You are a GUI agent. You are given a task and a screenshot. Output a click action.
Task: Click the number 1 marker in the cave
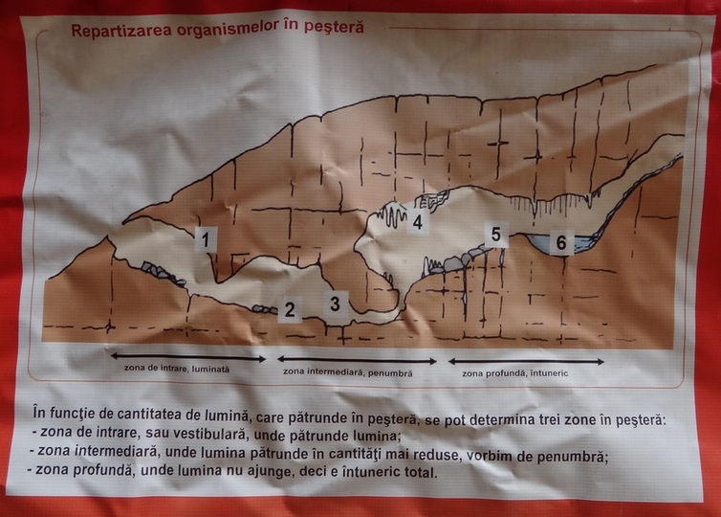206,239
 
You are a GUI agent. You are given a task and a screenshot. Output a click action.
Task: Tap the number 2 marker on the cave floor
290,309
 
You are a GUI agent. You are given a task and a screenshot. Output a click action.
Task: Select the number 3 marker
336,303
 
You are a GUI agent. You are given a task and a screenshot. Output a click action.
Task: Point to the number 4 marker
418,222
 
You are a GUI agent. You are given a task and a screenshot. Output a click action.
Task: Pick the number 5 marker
496,235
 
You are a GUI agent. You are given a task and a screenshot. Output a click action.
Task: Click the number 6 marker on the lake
561,242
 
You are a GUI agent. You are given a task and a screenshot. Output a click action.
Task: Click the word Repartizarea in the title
121,30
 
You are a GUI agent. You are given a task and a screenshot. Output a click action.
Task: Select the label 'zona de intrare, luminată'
177,369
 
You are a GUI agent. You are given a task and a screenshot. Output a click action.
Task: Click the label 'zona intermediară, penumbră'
348,372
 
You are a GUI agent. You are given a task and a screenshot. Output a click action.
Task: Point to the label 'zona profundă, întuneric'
515,373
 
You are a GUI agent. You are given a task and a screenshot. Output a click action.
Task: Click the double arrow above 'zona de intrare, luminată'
188,358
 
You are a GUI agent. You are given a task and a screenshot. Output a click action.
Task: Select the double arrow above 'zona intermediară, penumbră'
357,361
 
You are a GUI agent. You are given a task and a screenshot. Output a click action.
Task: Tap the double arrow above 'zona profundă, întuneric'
526,361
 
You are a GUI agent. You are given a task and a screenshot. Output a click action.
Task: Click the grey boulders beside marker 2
265,309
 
